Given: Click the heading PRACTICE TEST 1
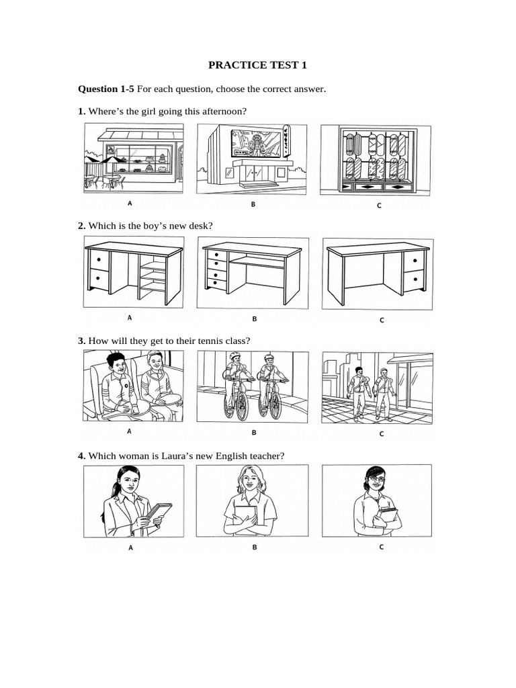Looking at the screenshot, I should (x=258, y=65).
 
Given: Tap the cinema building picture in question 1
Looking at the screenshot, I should (x=253, y=160).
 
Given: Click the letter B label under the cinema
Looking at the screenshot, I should (x=253, y=204).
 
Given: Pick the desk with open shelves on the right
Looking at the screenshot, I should (x=132, y=273).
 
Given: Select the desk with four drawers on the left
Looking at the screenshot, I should (x=253, y=273).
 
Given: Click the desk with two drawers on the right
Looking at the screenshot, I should (x=376, y=273).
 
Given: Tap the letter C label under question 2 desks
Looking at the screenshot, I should (x=382, y=320).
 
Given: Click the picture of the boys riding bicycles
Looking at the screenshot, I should (x=253, y=387).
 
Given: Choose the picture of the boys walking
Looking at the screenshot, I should (x=376, y=387).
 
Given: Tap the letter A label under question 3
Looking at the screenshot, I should (x=129, y=433).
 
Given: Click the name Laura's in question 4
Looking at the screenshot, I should (x=178, y=456).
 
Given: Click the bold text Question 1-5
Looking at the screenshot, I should (x=106, y=88).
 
